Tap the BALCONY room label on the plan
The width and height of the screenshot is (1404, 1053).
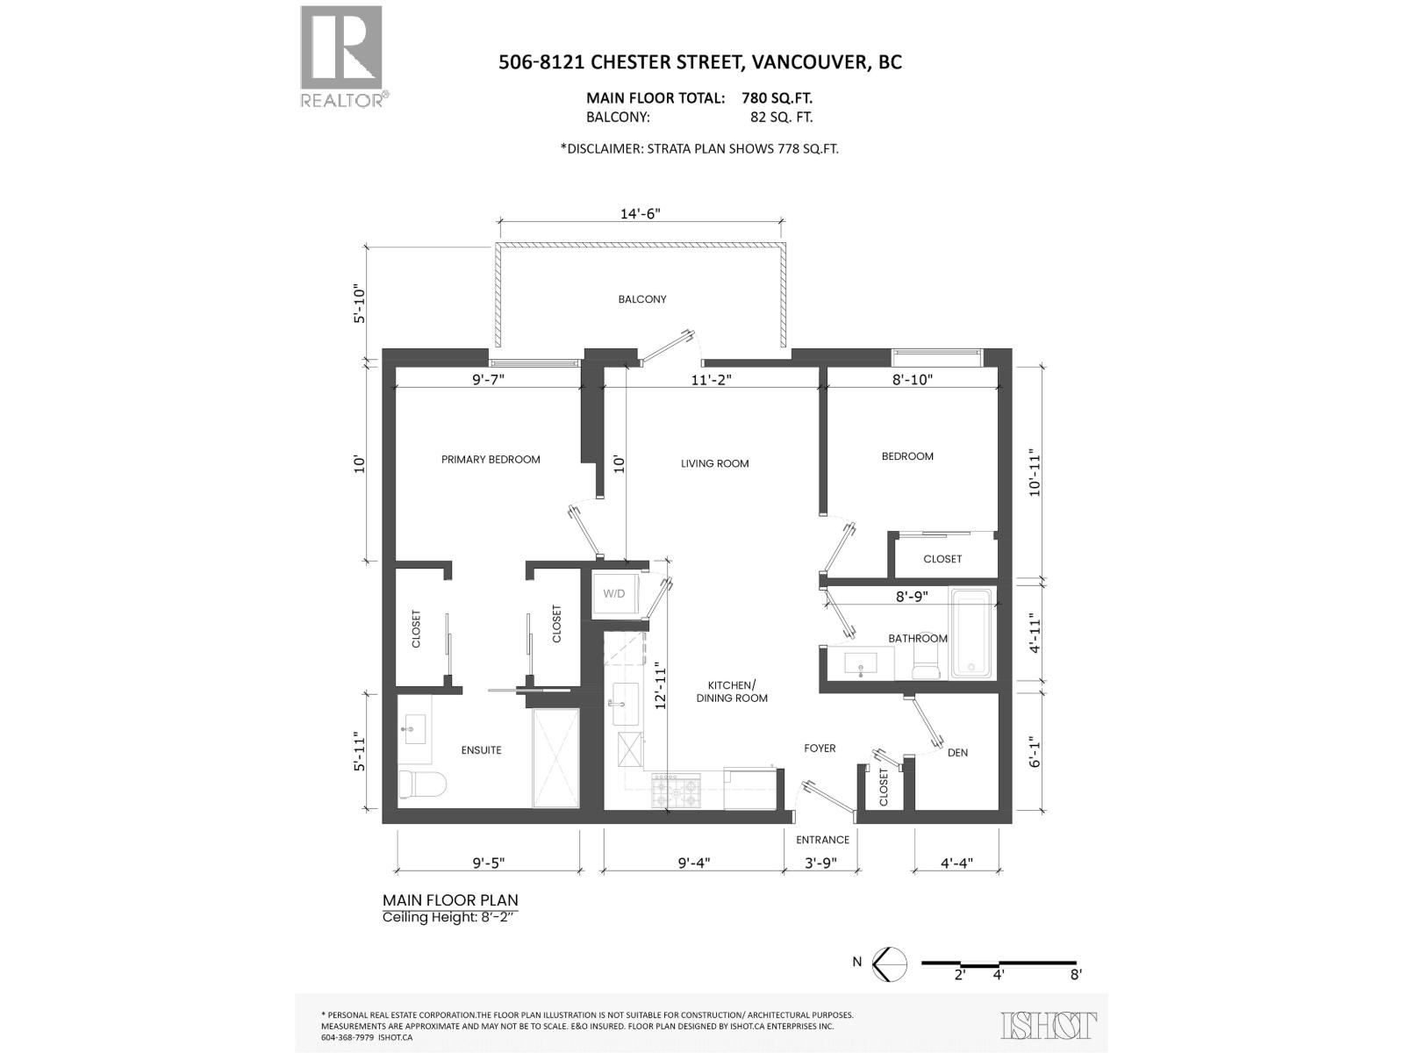pos(642,299)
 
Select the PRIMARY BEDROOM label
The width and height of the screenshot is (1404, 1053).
pos(491,459)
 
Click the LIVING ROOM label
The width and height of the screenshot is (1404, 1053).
pos(714,463)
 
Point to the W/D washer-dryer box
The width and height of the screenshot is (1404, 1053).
pos(614,594)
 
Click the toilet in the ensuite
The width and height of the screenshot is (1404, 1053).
pos(423,783)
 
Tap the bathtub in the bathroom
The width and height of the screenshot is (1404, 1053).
pos(971,633)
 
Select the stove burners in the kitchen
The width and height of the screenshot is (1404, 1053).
pos(676,792)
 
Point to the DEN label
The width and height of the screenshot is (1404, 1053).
pos(957,753)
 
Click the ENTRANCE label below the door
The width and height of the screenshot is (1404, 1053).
pos(822,840)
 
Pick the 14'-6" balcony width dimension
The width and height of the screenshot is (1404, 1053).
pos(640,214)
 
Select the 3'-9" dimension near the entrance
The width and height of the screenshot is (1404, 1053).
pos(820,863)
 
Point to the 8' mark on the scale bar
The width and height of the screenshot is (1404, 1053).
pos(1076,974)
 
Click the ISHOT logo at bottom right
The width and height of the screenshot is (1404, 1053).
pos(1049,1025)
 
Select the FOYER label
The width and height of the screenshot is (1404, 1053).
pos(820,749)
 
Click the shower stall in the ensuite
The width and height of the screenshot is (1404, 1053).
pos(556,757)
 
